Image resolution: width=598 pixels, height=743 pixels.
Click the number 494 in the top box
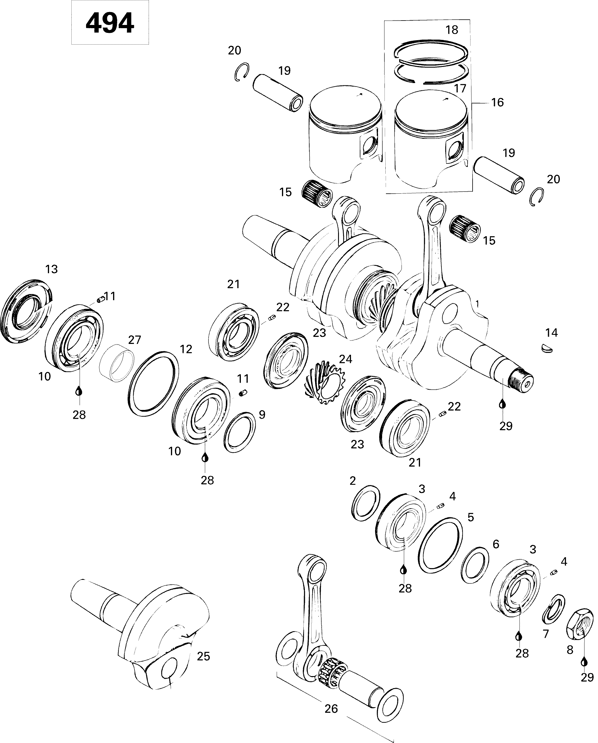pyautogui.click(x=110, y=23)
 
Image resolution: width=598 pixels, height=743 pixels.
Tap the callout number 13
pyautogui.click(x=51, y=269)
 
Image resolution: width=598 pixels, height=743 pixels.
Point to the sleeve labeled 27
pyautogui.click(x=116, y=362)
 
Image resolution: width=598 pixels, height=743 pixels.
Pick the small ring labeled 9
pyautogui.click(x=240, y=432)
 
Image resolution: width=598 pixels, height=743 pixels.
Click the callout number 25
pyautogui.click(x=203, y=656)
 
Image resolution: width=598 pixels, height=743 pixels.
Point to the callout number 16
pyautogui.click(x=497, y=102)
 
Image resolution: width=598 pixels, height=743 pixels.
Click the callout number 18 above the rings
pyautogui.click(x=452, y=30)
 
